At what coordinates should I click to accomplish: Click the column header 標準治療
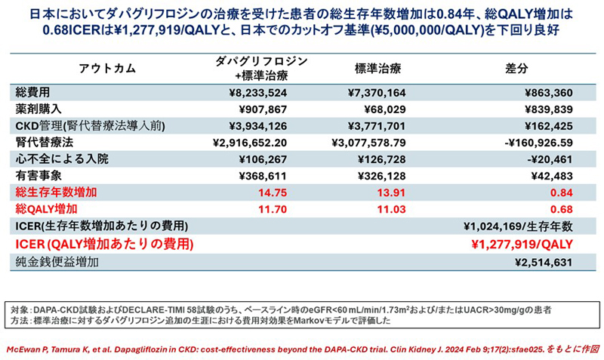pos(377,69)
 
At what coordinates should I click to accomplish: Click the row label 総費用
pos(32,93)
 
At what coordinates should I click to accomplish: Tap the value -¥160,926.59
pos(530,143)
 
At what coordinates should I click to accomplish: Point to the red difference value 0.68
pos(560,208)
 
